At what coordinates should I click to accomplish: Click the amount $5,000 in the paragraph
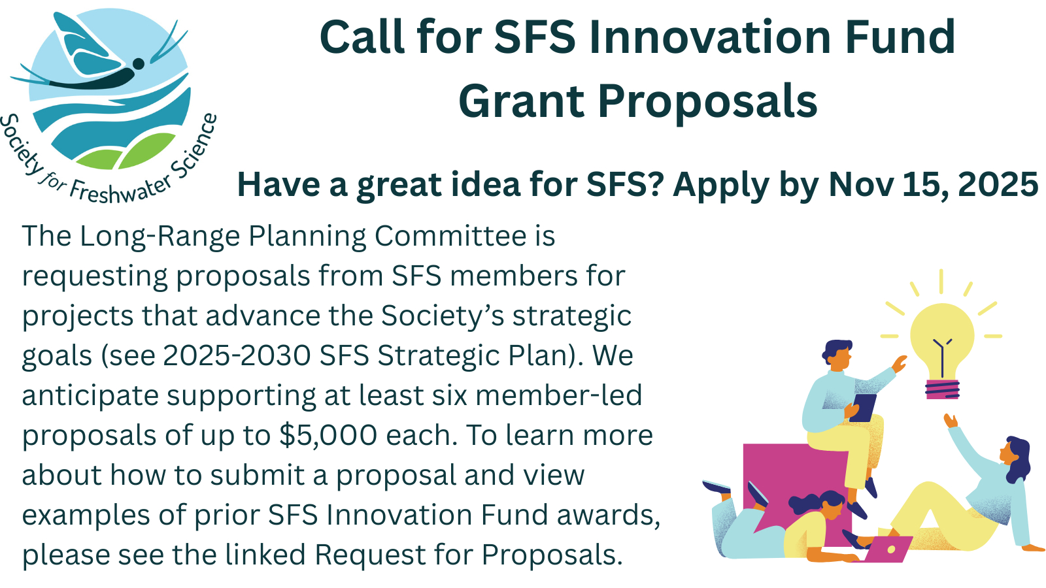pos(328,436)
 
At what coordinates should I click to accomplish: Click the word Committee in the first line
pos(450,236)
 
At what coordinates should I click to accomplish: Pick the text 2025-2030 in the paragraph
pos(237,355)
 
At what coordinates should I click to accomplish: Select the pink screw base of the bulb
pos(942,389)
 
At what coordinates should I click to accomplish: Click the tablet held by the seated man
pos(863,408)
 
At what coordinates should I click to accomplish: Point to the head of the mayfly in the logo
pos(139,63)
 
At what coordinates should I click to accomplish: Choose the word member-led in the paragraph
pos(559,395)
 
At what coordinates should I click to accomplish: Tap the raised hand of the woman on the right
pos(951,421)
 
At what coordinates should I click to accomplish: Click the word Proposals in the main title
pos(707,103)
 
